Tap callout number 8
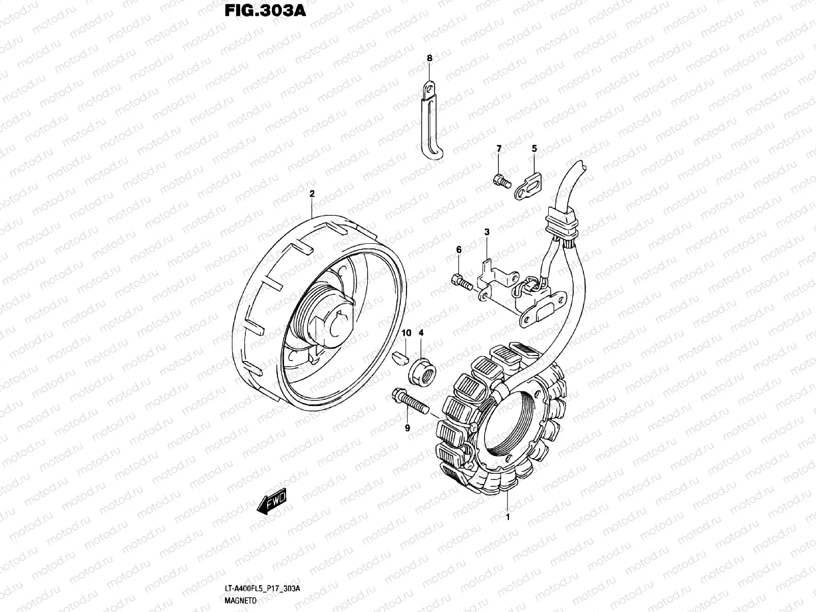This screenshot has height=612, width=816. [429, 59]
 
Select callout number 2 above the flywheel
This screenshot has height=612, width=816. [312, 194]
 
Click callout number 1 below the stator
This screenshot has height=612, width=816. [507, 518]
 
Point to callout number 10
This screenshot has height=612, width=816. [406, 333]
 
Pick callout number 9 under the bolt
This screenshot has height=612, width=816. [407, 428]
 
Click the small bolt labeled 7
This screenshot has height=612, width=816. [500, 180]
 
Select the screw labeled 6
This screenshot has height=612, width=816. [461, 280]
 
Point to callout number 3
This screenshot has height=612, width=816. [487, 232]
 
